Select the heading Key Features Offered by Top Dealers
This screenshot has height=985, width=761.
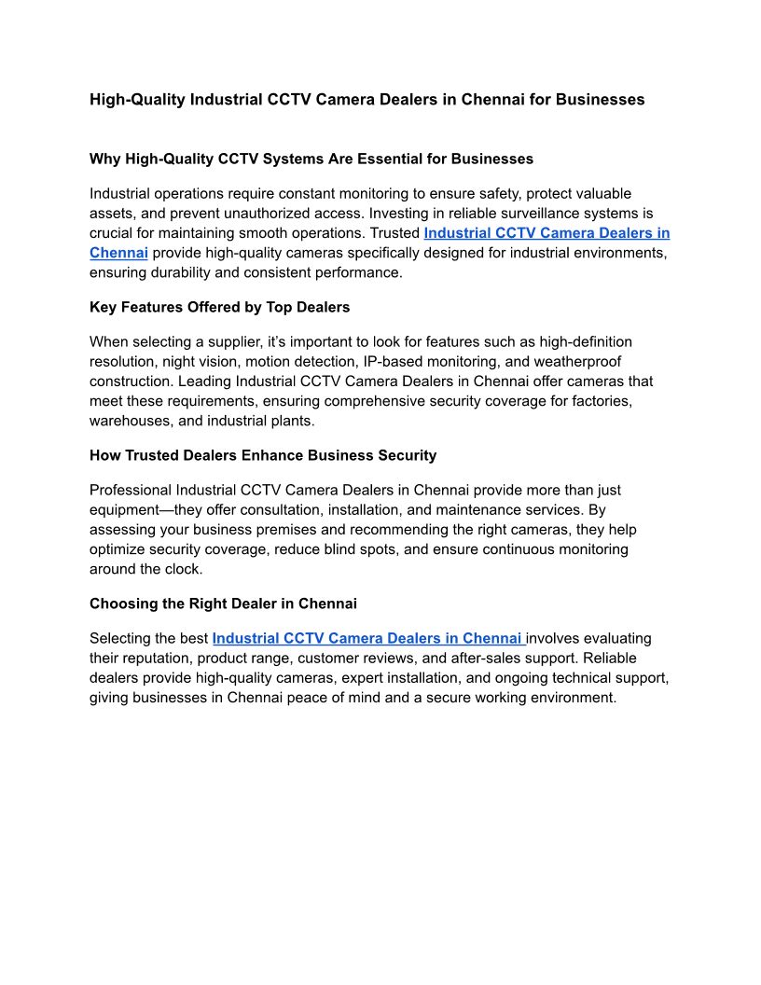(219, 307)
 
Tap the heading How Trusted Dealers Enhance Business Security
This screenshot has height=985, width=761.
(263, 455)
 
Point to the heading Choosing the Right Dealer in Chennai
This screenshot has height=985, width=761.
(223, 603)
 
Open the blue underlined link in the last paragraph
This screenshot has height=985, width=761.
(368, 638)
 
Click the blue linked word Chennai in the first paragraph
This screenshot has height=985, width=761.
(118, 252)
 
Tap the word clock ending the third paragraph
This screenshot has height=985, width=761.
(184, 568)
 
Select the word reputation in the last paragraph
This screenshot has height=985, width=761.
(160, 658)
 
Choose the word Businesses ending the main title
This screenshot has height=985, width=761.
(600, 99)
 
